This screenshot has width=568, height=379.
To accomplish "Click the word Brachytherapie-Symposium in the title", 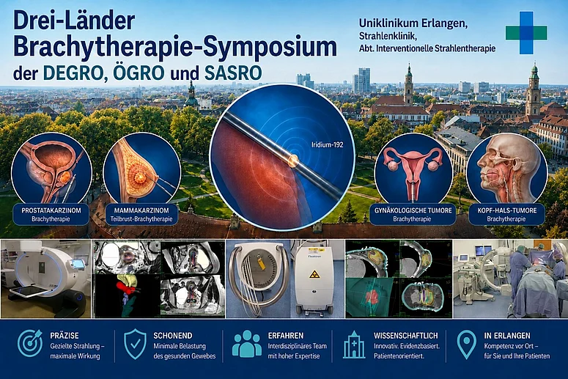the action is [x=175, y=47].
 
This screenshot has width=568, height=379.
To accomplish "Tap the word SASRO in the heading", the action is [x=233, y=73].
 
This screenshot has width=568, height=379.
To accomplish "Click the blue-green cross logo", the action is [x=526, y=32].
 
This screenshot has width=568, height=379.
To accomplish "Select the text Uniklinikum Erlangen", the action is [x=413, y=23].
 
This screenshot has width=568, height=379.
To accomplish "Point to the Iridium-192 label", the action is [x=327, y=144].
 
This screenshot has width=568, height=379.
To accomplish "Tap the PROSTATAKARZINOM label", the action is [x=51, y=210].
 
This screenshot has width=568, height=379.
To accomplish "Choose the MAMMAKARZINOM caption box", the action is [x=141, y=215].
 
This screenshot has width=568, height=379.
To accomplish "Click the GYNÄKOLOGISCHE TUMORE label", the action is [x=413, y=210].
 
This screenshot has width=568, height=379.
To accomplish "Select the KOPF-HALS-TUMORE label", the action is [x=506, y=210].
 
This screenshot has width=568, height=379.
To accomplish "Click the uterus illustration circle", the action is [x=413, y=171].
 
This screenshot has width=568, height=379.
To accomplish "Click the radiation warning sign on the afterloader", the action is [x=314, y=275].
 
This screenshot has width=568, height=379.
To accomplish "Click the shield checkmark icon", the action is [x=135, y=344].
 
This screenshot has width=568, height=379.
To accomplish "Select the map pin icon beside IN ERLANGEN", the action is [x=466, y=345].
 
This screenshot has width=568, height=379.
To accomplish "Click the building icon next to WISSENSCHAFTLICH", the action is [x=354, y=345].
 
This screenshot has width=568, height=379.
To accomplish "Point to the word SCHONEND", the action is [x=173, y=336].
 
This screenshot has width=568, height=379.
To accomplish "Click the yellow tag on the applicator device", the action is [x=262, y=263].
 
